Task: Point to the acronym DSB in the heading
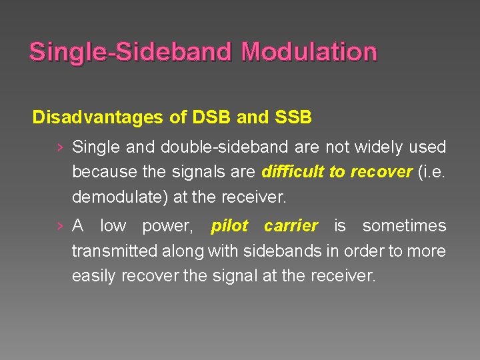click(x=212, y=118)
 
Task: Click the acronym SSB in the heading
click(x=291, y=118)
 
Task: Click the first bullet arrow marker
click(x=61, y=147)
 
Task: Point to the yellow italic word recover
click(x=381, y=172)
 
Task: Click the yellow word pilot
click(x=230, y=226)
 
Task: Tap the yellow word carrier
click(x=291, y=226)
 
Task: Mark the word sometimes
click(x=403, y=226)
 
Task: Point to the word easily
click(x=94, y=276)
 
